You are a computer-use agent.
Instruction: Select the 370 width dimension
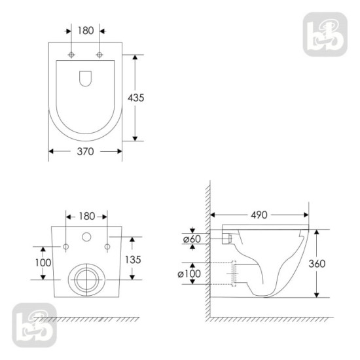click(x=85, y=151)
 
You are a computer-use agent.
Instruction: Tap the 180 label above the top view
click(x=85, y=30)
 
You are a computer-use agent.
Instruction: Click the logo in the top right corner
click(x=324, y=34)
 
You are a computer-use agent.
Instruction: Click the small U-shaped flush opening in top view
click(x=86, y=78)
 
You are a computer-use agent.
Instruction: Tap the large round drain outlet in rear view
click(x=86, y=278)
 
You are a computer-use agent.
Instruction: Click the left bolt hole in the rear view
click(x=65, y=246)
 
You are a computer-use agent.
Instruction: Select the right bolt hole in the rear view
click(x=107, y=246)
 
